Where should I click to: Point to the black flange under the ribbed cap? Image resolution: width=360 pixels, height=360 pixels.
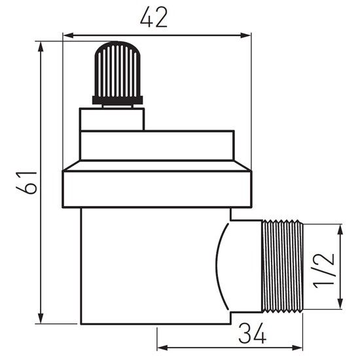[117, 99]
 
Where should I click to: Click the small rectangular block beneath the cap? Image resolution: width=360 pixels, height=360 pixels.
[112, 118]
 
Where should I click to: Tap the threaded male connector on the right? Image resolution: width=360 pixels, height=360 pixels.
[283, 266]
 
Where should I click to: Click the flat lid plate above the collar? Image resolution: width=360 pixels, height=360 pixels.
[157, 145]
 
